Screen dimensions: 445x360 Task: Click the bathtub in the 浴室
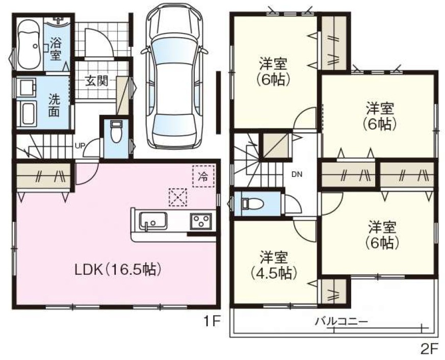coord(29,46)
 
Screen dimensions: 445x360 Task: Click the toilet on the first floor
coord(116,132)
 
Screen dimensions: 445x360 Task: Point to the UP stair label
coord(80,146)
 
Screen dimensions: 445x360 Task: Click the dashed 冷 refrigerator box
coord(203,176)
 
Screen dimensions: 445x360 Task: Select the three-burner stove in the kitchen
coord(201,221)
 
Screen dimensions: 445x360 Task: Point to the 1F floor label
coord(211,321)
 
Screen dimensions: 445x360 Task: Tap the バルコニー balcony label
coord(342,322)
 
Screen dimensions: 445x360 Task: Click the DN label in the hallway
coord(297,174)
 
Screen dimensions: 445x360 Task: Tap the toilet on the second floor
coord(252,203)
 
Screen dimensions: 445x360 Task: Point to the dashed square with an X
coord(178,197)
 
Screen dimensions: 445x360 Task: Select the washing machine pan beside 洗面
coord(26,114)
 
